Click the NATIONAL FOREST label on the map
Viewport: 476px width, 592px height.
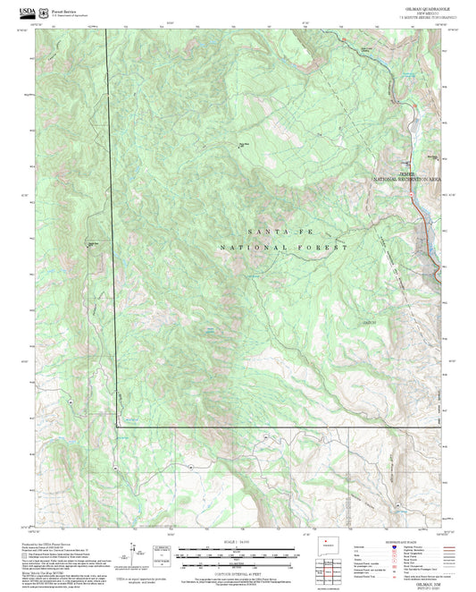click(282, 247)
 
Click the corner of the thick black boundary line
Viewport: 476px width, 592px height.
click(117, 427)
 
